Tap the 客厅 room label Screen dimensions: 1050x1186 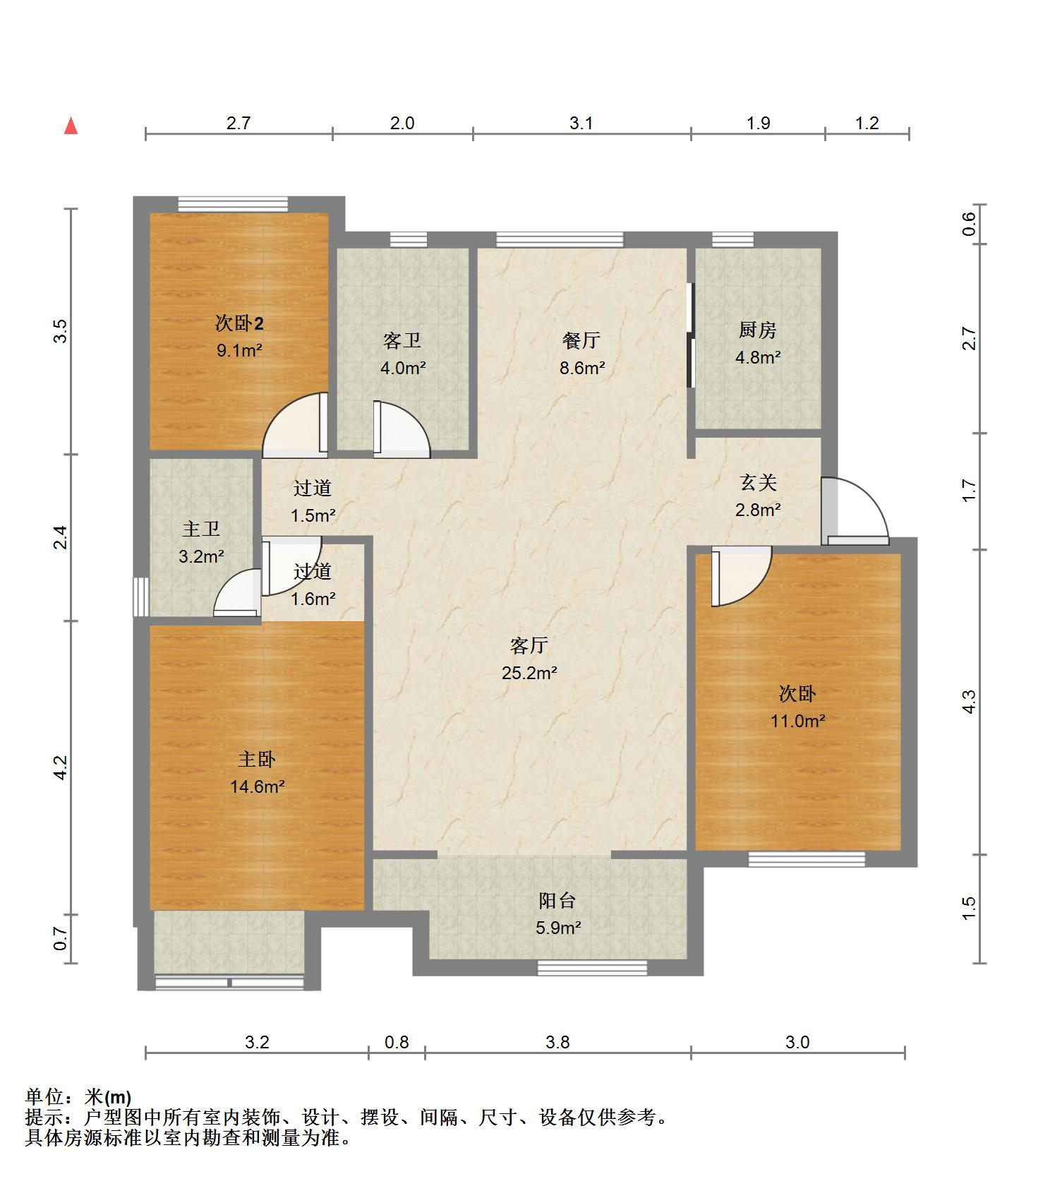pos(529,645)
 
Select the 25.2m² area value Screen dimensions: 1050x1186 pos(529,673)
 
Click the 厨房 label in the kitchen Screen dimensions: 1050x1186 pos(758,330)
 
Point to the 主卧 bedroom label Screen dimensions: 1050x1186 pos(257,759)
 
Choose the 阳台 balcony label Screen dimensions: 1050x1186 pos(557,900)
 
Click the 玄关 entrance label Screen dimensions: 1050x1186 pos(759,482)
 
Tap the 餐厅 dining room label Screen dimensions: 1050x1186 pos(581,340)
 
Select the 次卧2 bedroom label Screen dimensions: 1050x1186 pos(239,323)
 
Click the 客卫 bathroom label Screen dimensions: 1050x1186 pos(403,340)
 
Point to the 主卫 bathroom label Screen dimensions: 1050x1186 pos(201,529)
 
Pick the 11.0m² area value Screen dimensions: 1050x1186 pos(797,721)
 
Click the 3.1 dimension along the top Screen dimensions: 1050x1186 pos(581,123)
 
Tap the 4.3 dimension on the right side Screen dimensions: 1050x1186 pos(969,702)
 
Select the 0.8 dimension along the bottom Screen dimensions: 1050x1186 pos(397,1042)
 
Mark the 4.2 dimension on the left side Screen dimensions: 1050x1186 pos(61,767)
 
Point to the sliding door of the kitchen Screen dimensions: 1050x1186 pos(691,335)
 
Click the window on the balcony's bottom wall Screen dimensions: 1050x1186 pos(592,967)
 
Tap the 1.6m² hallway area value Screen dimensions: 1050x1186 pos(313,599)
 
